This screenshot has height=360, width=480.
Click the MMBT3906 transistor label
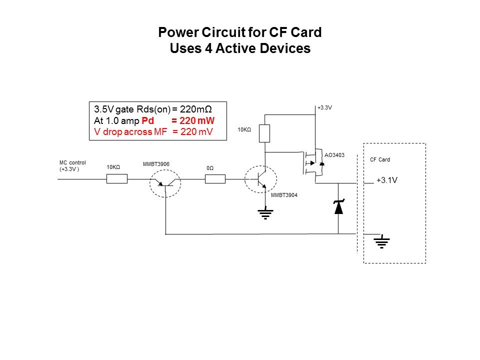[156, 164]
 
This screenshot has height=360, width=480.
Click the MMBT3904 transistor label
[284, 195]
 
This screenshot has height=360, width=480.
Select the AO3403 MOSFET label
[334, 155]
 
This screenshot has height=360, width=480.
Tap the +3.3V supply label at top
[324, 107]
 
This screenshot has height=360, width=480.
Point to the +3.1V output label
[386, 180]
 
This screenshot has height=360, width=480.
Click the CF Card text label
[380, 160]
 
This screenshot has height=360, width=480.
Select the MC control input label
[73, 165]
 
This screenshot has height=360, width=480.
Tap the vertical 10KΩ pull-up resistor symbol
[265, 133]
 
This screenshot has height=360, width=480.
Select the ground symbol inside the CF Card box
[381, 242]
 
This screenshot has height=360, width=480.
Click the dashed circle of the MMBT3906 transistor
[165, 183]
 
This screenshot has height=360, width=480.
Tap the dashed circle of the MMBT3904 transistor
[260, 179]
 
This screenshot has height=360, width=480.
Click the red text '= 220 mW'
[193, 120]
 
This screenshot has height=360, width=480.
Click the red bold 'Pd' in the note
[148, 120]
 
